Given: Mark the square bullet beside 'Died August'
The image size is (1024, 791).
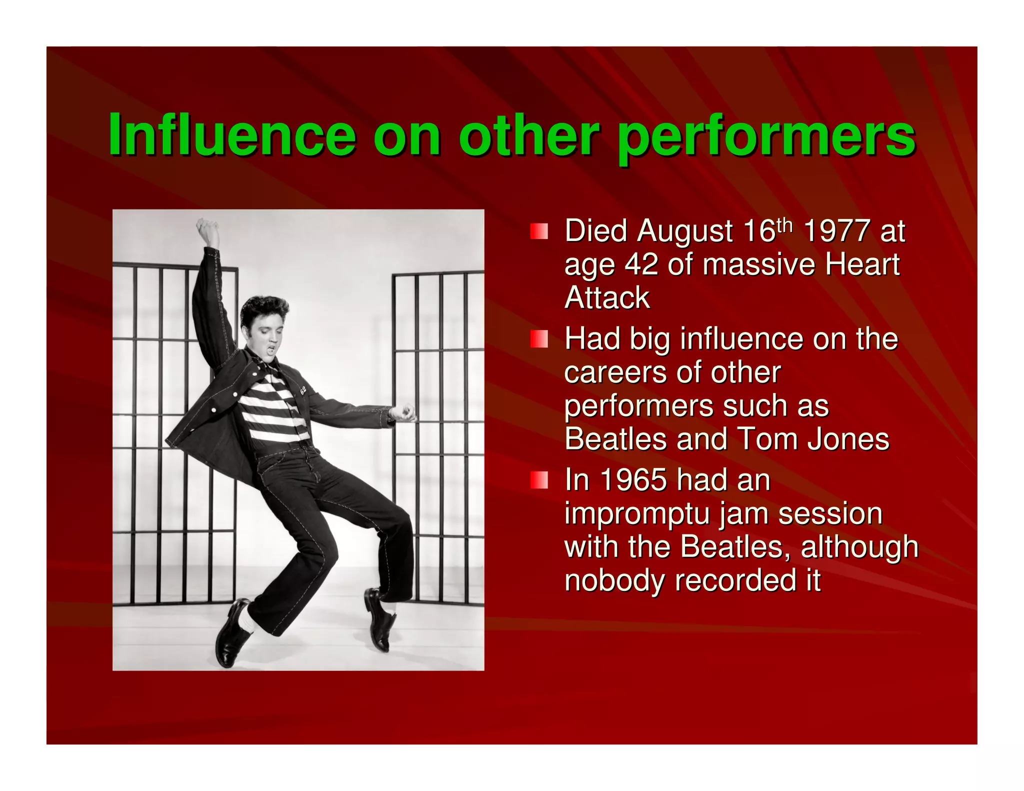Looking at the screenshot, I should pyautogui.click(x=539, y=231).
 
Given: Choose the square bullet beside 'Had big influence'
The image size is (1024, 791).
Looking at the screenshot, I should pyautogui.click(x=539, y=339).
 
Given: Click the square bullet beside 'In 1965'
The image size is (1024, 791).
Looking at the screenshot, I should pyautogui.click(x=539, y=480).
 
